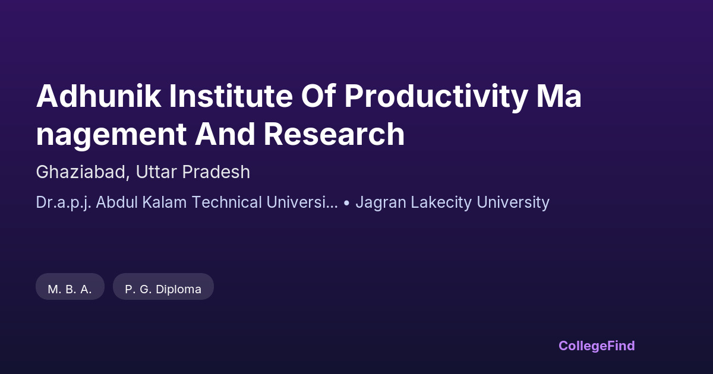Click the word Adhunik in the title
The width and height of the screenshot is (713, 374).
pos(99,96)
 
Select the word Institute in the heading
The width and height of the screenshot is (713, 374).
pos(231,96)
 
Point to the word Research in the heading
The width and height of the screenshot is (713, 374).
pos(334,134)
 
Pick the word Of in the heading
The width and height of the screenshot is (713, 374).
pos(318,96)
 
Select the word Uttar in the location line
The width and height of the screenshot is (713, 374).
pos(156,172)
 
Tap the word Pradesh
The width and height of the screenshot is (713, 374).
pos(216,172)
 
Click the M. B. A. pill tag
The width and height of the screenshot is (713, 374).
pos(70,287)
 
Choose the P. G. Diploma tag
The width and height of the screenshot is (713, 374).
pos(163,287)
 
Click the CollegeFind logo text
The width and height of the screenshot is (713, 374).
pos(597,346)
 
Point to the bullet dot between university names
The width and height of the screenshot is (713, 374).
pos(346,202)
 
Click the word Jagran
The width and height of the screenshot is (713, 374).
pos(381,203)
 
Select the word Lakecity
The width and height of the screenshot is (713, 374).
pos(441,203)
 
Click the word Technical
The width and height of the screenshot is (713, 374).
pos(227,202)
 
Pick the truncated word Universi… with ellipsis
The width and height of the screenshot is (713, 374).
pos(302,202)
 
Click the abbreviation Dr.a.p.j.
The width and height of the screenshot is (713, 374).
pos(64,203)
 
